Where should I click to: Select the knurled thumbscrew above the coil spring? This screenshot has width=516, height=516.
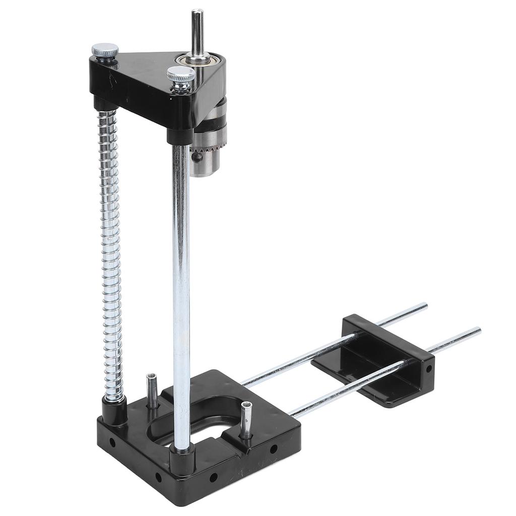(x=105, y=51)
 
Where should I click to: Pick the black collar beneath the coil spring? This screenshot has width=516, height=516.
(x=114, y=408)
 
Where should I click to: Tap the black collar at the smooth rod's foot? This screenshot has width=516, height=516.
(x=181, y=459)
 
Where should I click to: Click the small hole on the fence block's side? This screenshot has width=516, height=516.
(x=428, y=368)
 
